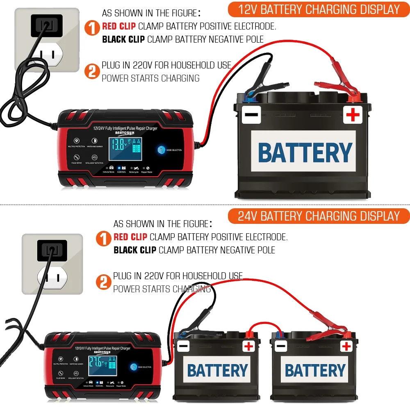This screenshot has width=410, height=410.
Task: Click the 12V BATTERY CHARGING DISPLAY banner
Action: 319,9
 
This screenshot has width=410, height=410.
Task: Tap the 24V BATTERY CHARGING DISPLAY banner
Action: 319,216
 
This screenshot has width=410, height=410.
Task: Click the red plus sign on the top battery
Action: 353,115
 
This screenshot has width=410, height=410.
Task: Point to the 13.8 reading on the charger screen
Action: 118,145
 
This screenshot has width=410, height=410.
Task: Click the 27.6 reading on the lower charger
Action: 97,362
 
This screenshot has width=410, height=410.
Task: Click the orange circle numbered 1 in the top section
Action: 92,28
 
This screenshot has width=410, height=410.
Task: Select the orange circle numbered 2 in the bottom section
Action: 104,282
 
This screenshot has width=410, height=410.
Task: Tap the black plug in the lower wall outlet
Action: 51,249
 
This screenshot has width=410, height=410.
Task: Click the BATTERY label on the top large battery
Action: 305,153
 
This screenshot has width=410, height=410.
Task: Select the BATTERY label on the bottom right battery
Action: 315,371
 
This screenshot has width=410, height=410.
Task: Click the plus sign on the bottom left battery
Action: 248,346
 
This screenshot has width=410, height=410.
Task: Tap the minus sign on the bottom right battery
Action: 281,347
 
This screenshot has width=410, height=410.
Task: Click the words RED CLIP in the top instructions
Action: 119,27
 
